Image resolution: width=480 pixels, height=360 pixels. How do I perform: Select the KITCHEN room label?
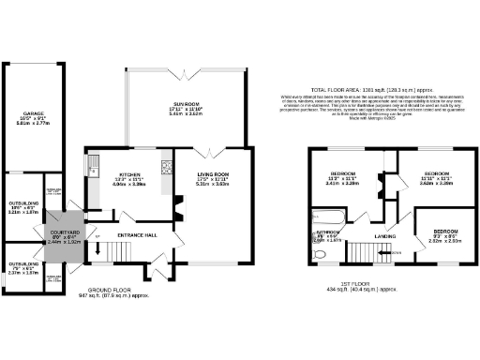coord(128,175)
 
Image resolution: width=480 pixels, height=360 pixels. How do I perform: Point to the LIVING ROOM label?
coord(213,174)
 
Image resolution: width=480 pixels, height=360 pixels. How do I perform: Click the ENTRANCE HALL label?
coord(136,235)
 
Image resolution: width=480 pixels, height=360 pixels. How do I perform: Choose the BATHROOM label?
coord(327,231)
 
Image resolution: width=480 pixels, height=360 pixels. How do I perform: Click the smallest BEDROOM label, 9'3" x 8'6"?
coord(444,231)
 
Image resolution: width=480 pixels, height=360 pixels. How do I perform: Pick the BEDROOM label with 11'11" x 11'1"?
coord(435,174)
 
